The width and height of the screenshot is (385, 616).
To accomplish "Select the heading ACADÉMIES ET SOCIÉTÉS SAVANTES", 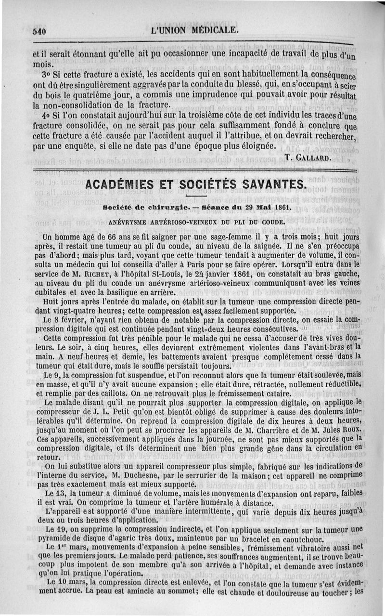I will coord(194,184).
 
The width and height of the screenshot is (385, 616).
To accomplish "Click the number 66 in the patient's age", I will coord(105,237).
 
